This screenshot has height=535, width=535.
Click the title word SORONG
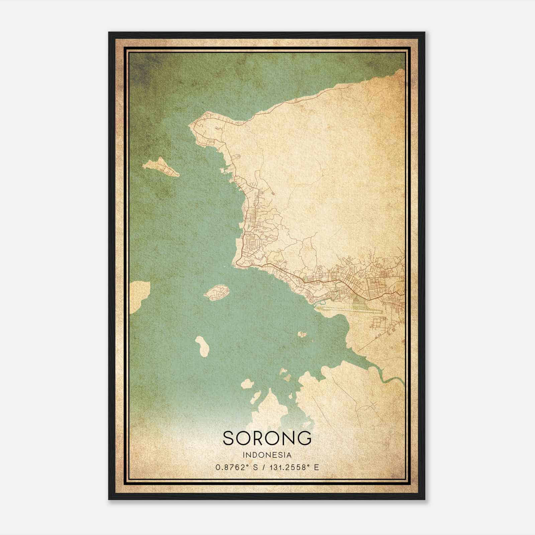pos(267,438)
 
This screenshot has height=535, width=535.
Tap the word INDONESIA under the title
pos(267,455)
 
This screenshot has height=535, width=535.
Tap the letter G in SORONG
pos(305,438)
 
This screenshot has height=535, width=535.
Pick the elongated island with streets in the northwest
pos(161,167)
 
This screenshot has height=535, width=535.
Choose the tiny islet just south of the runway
pos(302,334)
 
